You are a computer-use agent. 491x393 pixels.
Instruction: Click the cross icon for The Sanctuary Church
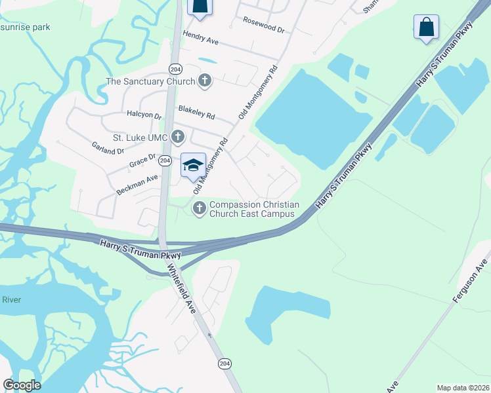tap(205, 81)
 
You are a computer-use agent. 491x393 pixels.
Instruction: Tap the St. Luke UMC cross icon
tap(177, 137)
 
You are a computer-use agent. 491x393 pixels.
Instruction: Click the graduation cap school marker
tap(193, 165)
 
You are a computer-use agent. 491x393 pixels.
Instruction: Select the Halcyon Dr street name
tap(144, 115)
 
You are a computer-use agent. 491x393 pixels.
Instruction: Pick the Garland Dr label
tap(108, 147)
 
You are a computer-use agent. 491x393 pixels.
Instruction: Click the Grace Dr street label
tap(142, 160)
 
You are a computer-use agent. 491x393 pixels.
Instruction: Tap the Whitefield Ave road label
tap(181, 289)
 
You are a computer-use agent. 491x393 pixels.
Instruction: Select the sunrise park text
tap(25, 27)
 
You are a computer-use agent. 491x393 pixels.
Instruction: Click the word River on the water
tap(12, 300)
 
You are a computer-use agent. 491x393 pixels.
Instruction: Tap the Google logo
tap(21, 385)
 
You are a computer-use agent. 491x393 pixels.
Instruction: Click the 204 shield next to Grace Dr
tap(165, 160)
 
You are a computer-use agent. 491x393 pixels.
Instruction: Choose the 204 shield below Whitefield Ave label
tap(224, 364)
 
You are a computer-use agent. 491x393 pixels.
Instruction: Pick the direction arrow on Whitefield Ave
tap(210, 335)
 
